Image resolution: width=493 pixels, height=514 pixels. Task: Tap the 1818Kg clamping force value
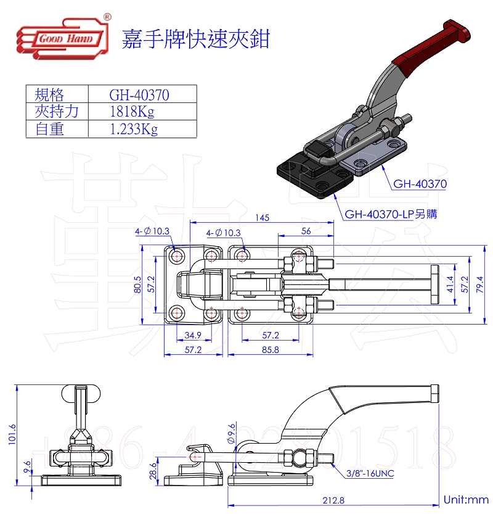(x=131, y=112)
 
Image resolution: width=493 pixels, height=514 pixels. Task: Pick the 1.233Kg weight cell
(x=133, y=129)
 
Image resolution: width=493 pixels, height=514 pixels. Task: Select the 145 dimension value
(x=263, y=218)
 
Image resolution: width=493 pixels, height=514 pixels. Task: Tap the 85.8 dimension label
(x=270, y=350)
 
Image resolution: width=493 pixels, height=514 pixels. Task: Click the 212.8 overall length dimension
(x=333, y=501)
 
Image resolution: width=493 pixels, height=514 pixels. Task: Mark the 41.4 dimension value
(x=449, y=284)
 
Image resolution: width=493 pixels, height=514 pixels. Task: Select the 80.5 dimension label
(x=137, y=285)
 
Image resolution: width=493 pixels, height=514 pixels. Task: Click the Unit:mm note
(x=466, y=500)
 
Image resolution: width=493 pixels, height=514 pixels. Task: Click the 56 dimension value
(x=306, y=231)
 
